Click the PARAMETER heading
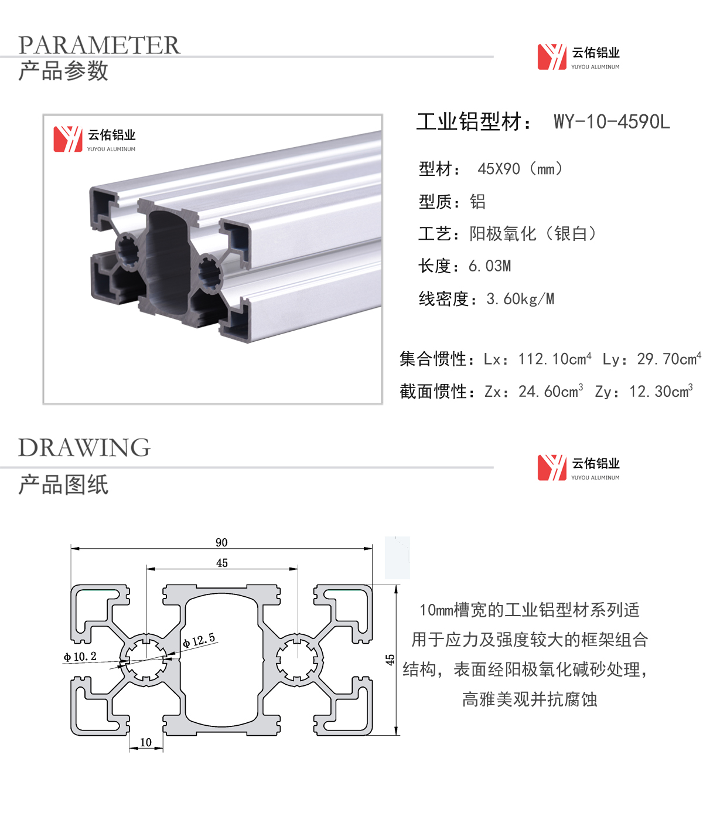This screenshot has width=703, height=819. coord(99,45)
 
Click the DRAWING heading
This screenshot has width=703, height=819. coord(84,447)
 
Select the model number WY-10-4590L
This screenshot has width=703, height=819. coord(612,121)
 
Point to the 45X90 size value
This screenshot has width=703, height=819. coord(499,169)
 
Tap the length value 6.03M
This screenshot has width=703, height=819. coord(490,266)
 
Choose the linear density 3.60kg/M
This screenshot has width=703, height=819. coord(520,299)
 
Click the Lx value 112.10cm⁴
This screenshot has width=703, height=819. coord(555,359)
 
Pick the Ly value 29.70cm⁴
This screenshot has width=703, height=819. coord(669,359)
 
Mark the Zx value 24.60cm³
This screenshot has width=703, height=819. coord(551,391)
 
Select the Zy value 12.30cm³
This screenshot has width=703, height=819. coord(661,391)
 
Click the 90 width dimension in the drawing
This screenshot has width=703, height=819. coord(221,542)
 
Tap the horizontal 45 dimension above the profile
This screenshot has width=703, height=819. coord(222,563)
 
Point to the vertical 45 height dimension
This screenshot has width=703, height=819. coord(390,660)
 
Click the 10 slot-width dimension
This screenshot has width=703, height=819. coord(146,742)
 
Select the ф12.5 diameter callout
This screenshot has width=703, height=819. coord(199,640)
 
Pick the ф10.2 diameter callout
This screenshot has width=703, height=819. coord(80,657)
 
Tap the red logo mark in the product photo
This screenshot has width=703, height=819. coord(68,139)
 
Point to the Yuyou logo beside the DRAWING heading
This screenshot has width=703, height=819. coord(578,468)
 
